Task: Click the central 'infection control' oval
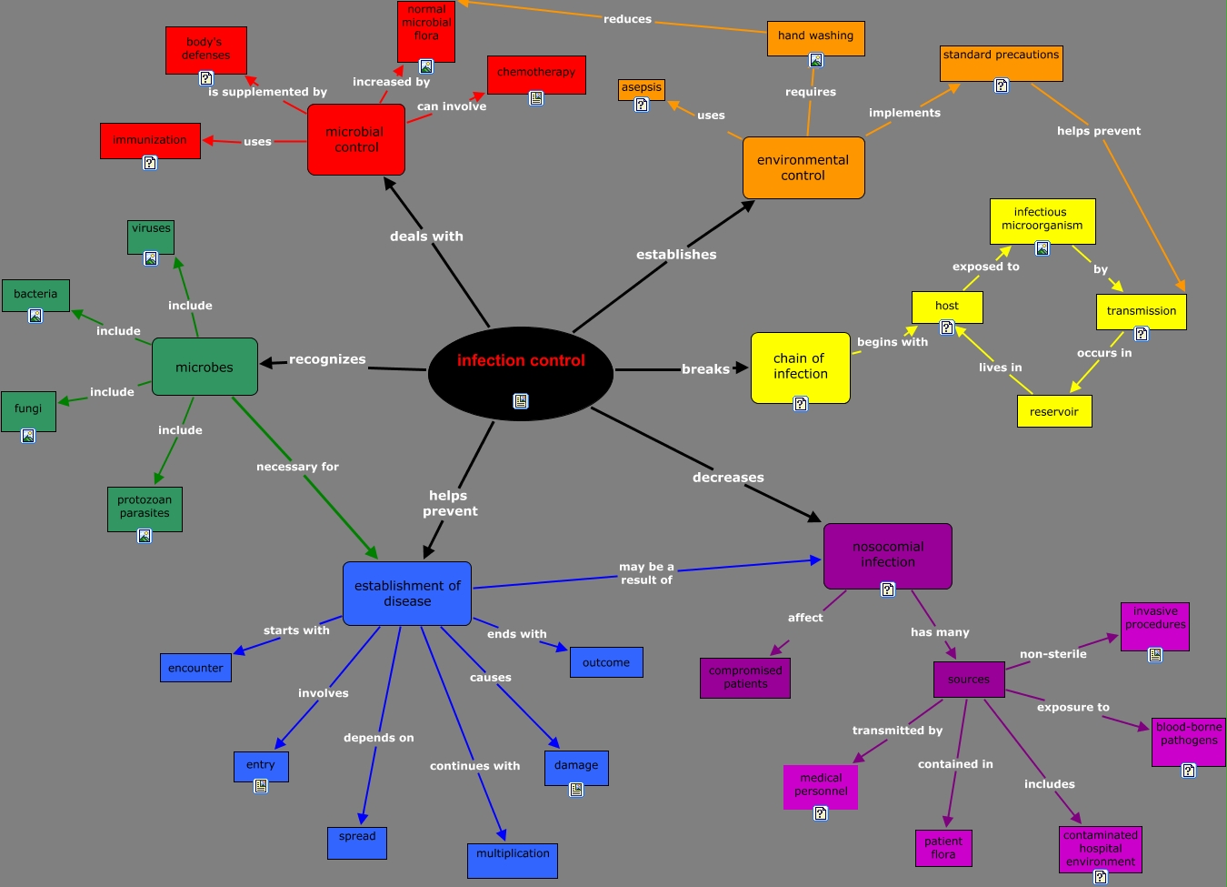pyautogui.click(x=521, y=373)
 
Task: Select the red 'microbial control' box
pyautogui.click(x=355, y=139)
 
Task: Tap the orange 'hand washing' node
pyautogui.click(x=815, y=36)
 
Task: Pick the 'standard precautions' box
pyautogui.click(x=1001, y=63)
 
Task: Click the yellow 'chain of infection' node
pyautogui.click(x=800, y=367)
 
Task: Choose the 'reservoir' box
pyautogui.click(x=1053, y=411)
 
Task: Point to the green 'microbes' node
pyautogui.click(x=204, y=367)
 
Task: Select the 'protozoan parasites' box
pyautogui.click(x=145, y=508)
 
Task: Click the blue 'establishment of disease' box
pyautogui.click(x=407, y=593)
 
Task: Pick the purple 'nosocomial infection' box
pyautogui.click(x=887, y=555)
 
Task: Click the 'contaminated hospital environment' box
pyautogui.click(x=1100, y=848)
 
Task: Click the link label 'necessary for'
pyautogui.click(x=297, y=467)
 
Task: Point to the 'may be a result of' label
pyautogui.click(x=646, y=573)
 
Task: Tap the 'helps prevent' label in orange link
pyautogui.click(x=1098, y=131)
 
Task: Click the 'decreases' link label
pyautogui.click(x=728, y=478)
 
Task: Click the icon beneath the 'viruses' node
pyautogui.click(x=151, y=258)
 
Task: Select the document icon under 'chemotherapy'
pyautogui.click(x=536, y=98)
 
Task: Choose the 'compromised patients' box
pyautogui.click(x=745, y=678)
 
